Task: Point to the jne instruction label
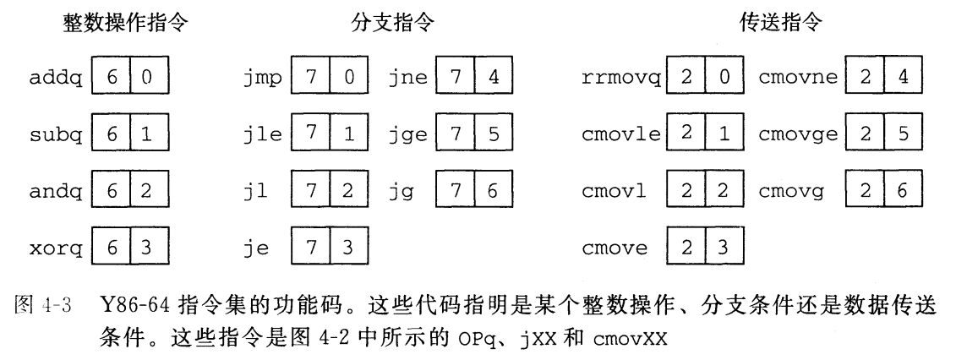pos(409,79)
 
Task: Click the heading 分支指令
pos(394,24)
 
